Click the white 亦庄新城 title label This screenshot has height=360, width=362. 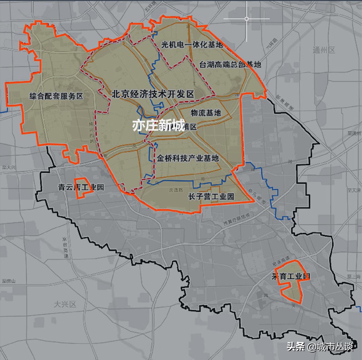[x=158, y=125]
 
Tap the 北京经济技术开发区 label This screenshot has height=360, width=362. [x=153, y=94]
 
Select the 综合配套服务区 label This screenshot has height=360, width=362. [x=56, y=96]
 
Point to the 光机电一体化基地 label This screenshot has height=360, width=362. [x=192, y=45]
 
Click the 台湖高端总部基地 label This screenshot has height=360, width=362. [x=230, y=65]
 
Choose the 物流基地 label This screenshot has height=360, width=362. [x=205, y=113]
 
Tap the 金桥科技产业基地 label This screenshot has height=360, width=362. [x=188, y=158]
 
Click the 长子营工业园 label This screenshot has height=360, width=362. [x=211, y=196]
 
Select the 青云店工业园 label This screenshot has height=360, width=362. [x=81, y=187]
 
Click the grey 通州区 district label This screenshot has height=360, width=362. [x=323, y=50]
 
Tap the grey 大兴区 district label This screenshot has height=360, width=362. [x=65, y=304]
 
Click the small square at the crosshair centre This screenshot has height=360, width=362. [x=247, y=19]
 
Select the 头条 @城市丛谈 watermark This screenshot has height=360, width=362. [x=319, y=346]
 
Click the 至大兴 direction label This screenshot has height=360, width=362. [x=7, y=167]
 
